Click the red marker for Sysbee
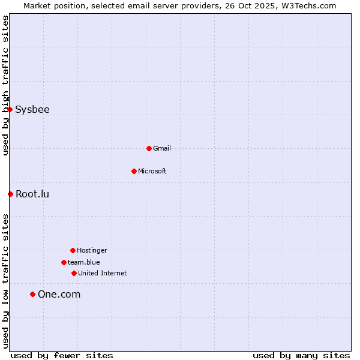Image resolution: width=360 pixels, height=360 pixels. coord(10,109)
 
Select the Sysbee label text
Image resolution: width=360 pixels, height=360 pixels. coord(32,109)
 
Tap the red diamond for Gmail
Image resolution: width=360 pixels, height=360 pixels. coord(149,148)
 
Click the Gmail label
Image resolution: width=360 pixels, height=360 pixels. coord(162,148)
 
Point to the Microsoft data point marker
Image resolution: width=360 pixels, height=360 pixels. coord(134,171)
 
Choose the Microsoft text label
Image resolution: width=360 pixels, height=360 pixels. coord(152,171)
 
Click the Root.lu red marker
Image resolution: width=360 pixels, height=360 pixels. coord(10,194)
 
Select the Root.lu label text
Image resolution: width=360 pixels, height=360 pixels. coord(32,194)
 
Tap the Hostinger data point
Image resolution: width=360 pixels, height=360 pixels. coord(73,250)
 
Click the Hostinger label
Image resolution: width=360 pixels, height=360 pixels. coord(92,250)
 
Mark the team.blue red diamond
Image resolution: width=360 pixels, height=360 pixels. coord(64,262)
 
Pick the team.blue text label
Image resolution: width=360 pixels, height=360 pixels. coord(84,262)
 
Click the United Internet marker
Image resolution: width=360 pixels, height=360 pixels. coord(74,273)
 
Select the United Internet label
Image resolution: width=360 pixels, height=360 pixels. coord(103,273)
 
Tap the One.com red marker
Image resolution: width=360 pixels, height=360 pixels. coord(32,294)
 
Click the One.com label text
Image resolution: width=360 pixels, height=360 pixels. coord(59,294)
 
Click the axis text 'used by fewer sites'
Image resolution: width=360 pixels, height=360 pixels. coord(62,355)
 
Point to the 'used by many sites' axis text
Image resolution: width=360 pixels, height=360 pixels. coord(301,355)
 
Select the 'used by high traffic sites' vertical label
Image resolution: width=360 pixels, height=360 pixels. coord(5,85)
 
